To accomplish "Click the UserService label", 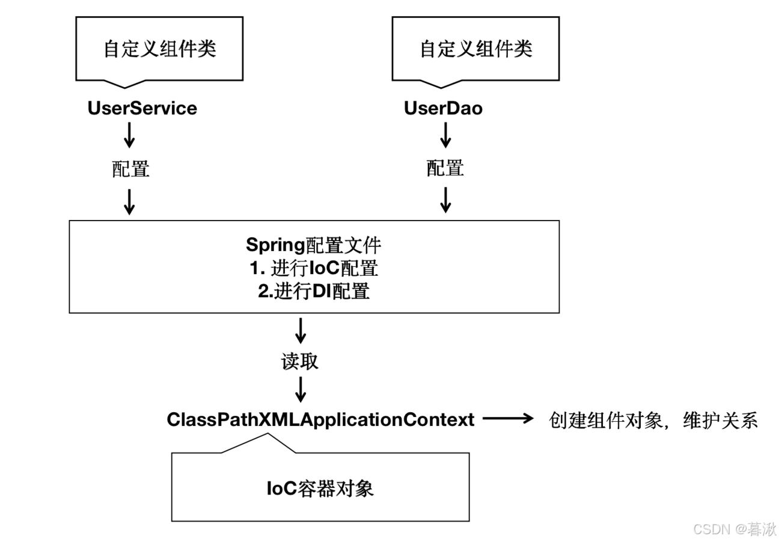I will point(142,108).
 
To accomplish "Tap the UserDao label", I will point(443,108).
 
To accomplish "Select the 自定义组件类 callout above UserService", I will point(159,49).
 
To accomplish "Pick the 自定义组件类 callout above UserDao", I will point(475,49).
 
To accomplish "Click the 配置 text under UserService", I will point(130,169).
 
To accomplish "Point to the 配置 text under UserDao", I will point(445,168).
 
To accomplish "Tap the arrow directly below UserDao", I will point(445,136).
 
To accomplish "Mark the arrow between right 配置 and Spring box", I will point(445,199).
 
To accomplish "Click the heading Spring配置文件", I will point(314,245).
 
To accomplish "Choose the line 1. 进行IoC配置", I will point(314,268).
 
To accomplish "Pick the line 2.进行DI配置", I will point(314,291).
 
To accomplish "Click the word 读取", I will point(300,361).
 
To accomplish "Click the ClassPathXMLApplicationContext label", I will point(320,419).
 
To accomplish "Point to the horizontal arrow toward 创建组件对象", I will point(509,419).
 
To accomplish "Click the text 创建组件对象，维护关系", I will point(653,420).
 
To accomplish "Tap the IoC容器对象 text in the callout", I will point(320,488).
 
